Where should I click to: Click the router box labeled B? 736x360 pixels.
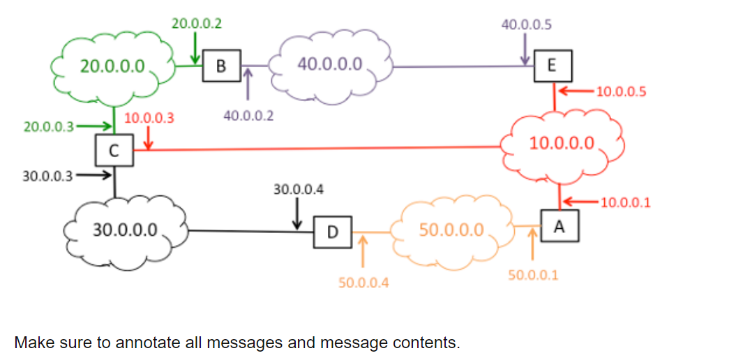tap(221, 66)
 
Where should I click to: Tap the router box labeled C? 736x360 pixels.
tap(114, 149)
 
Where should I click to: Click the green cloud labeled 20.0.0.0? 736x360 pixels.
tap(112, 66)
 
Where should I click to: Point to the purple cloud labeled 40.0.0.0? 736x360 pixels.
tap(330, 65)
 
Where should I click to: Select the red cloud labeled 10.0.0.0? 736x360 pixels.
tap(562, 144)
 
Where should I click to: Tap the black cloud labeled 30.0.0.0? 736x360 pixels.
tap(126, 229)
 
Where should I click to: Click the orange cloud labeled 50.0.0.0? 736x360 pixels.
tap(451, 230)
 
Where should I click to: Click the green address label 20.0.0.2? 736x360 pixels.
tap(196, 24)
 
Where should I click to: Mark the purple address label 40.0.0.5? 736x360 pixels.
tap(526, 24)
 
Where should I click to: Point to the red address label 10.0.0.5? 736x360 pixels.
tap(621, 91)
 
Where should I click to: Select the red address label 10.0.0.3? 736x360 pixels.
tap(149, 119)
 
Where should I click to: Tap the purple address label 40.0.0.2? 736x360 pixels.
tap(248, 116)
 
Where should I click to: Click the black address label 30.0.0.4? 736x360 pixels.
tap(298, 189)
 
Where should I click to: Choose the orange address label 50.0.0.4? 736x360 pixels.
tap(363, 283)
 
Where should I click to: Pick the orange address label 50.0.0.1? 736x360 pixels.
tap(533, 275)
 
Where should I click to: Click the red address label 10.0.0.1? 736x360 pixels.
tap(624, 203)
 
